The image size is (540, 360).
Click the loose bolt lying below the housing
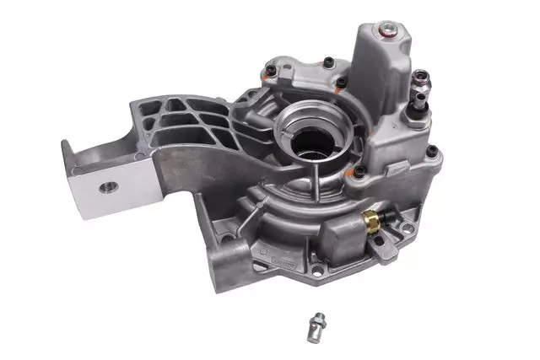point(318,320)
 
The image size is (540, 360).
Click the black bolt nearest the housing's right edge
point(432,152)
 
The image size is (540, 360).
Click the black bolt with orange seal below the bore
point(359,172)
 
